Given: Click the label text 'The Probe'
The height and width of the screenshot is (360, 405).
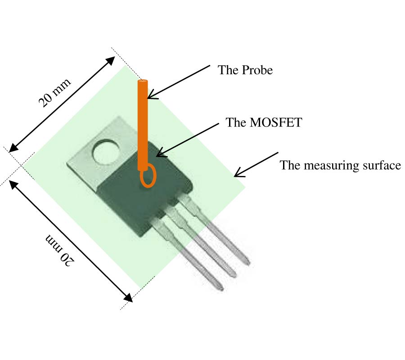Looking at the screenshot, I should [245, 71].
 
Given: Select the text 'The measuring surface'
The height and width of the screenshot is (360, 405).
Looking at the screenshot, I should [340, 166].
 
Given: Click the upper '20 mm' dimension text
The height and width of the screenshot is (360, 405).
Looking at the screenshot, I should [54, 93].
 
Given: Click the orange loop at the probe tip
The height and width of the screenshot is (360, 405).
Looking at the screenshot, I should [148, 176].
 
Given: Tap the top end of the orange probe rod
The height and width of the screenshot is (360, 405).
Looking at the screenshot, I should [143, 82].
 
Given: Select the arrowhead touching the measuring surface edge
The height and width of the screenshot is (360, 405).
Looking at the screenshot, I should [237, 175].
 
